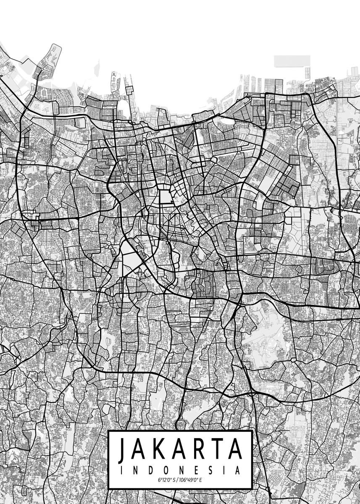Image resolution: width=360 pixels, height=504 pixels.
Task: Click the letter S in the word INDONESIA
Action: coord(210,470)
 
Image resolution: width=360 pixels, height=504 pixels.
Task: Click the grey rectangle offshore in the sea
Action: coord(292,61)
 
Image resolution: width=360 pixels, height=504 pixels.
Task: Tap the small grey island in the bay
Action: coord(97,67)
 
